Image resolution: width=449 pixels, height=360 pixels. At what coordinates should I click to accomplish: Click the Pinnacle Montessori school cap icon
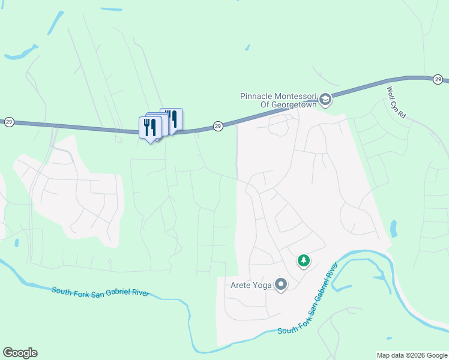point(325,99)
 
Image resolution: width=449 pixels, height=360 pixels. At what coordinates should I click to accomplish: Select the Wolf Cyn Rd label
point(398,102)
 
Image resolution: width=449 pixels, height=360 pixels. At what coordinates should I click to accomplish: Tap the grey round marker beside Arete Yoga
point(281,285)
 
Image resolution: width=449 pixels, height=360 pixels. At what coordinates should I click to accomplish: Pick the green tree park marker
point(304,260)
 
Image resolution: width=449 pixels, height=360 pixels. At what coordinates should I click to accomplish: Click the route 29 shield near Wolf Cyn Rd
point(438,79)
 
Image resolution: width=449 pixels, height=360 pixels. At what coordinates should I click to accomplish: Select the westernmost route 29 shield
point(9,122)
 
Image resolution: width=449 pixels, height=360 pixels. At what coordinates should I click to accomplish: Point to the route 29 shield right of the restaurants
point(218,126)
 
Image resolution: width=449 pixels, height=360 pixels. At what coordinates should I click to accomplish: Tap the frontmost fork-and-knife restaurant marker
point(149,127)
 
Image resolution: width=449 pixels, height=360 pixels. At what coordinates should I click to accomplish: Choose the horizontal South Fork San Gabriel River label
point(100,292)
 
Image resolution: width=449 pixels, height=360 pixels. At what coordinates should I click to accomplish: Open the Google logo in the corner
point(20,353)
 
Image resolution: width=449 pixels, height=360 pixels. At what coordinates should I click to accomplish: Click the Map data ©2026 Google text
point(411,355)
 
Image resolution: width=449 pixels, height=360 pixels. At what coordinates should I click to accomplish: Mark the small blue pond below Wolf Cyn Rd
point(394,229)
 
